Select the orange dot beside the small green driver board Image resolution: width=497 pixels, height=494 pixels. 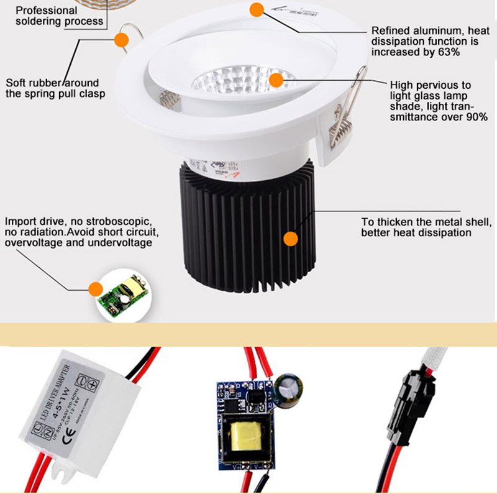[x=94, y=288]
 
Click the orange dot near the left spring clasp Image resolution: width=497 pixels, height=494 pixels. [x=121, y=39]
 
